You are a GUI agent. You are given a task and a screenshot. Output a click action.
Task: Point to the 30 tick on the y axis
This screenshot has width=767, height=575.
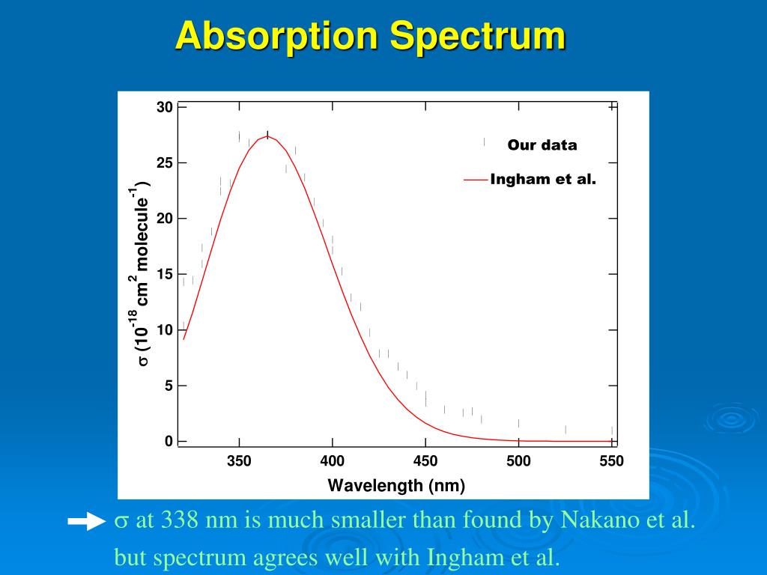pyautogui.click(x=165, y=107)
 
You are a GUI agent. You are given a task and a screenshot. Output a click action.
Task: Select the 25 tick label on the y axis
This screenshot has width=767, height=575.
pyautogui.click(x=165, y=163)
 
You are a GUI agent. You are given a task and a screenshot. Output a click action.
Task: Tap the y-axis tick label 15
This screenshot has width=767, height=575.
pyautogui.click(x=165, y=274)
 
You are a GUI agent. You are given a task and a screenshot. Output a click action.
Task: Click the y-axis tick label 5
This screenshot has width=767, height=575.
pyautogui.click(x=169, y=386)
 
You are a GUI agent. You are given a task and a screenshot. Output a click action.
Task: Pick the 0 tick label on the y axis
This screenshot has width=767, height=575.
pyautogui.click(x=169, y=441)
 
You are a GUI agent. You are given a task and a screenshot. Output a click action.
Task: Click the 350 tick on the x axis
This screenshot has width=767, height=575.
pyautogui.click(x=239, y=461)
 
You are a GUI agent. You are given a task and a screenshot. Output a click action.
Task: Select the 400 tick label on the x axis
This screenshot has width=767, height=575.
pyautogui.click(x=332, y=461)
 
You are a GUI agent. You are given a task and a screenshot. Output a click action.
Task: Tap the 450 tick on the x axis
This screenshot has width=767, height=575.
pyautogui.click(x=425, y=461)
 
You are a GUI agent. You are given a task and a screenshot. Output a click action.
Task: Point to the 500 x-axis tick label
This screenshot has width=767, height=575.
pyautogui.click(x=518, y=461)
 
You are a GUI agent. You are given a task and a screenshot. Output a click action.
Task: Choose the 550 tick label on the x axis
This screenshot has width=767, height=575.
pyautogui.click(x=611, y=461)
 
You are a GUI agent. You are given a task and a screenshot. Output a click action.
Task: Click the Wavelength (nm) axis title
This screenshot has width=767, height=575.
pyautogui.click(x=396, y=486)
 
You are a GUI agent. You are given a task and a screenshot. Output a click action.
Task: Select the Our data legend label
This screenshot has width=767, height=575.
pyautogui.click(x=542, y=145)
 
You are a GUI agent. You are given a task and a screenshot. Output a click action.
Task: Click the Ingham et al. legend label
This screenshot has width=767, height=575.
pyautogui.click(x=543, y=180)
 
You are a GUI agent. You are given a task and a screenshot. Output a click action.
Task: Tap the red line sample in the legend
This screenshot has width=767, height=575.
pyautogui.click(x=476, y=180)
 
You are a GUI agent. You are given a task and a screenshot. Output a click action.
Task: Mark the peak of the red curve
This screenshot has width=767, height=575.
pyautogui.click(x=267, y=136)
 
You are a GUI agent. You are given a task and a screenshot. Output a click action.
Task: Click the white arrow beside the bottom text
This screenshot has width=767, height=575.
pyautogui.click(x=86, y=522)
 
